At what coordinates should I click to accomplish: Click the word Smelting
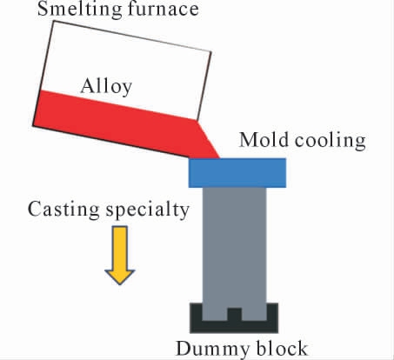[80, 10]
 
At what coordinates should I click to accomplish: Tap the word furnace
[164, 9]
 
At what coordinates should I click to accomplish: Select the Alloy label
[106, 87]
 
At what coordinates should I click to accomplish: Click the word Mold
[264, 140]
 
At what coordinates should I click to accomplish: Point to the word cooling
[331, 141]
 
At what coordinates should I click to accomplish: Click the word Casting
[63, 210]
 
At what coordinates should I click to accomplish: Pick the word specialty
[148, 210]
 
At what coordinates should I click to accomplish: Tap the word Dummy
[212, 349]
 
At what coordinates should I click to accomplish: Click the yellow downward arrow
[120, 255]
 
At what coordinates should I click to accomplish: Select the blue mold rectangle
[237, 173]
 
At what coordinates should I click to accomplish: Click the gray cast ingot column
[234, 250]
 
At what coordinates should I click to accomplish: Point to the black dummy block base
[234, 326]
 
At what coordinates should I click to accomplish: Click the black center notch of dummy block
[235, 315]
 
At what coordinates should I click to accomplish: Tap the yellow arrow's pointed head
[120, 277]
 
